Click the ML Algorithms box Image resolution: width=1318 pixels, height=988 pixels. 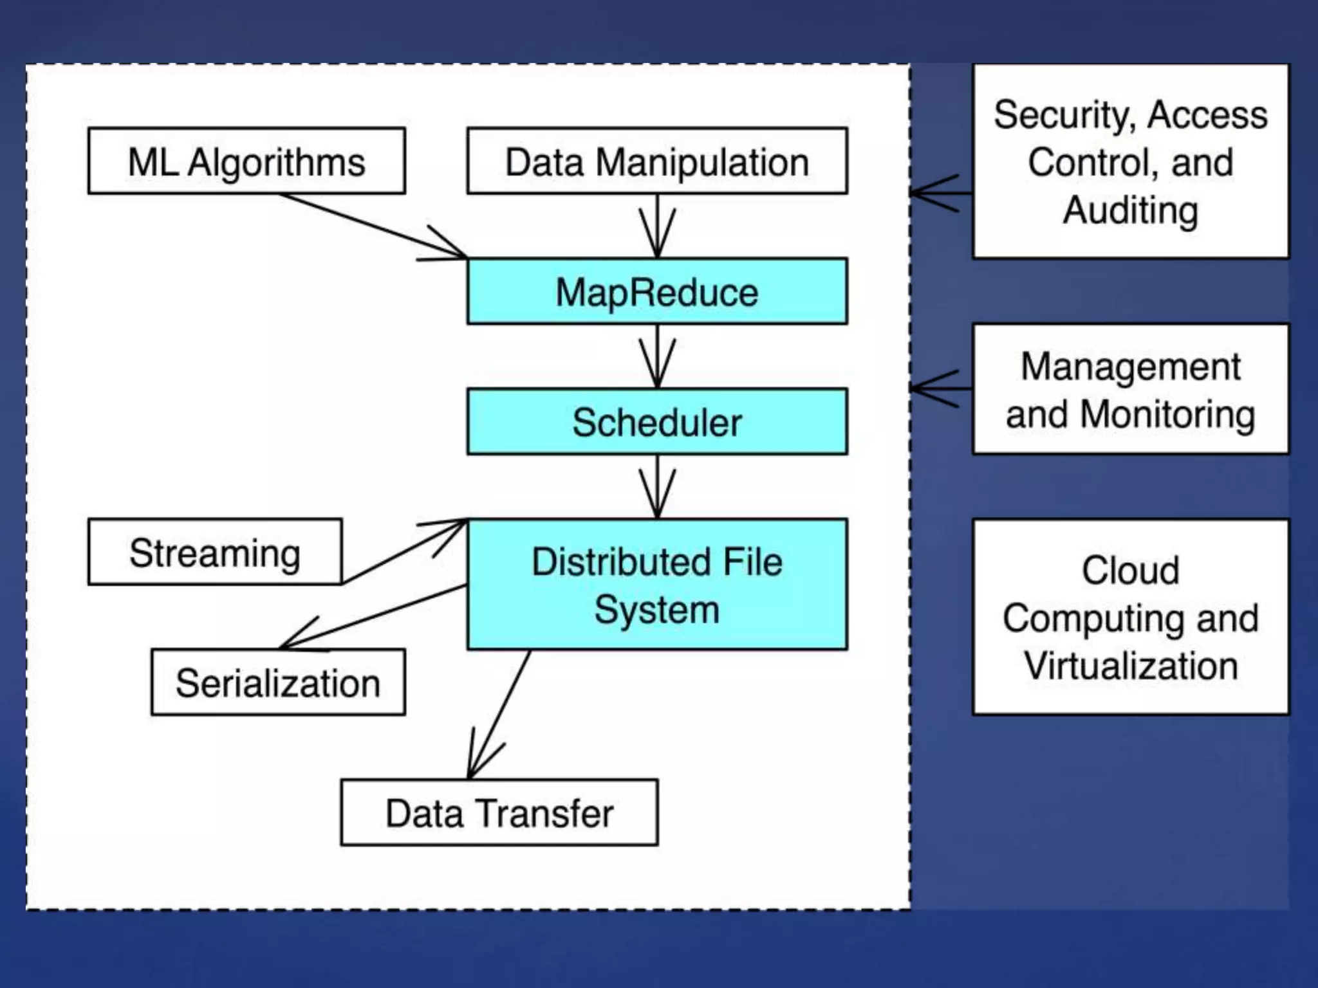pyautogui.click(x=246, y=161)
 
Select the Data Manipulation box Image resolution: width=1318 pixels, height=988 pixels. pyautogui.click(x=657, y=161)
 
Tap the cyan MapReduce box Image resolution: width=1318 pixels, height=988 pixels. pyautogui.click(x=657, y=291)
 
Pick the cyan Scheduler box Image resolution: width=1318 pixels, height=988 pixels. pyautogui.click(x=657, y=422)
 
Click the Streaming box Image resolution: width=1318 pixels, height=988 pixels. pyautogui.click(x=215, y=552)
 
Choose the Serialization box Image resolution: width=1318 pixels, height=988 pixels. pyautogui.click(x=278, y=682)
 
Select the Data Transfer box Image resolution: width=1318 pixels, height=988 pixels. pyautogui.click(x=499, y=812)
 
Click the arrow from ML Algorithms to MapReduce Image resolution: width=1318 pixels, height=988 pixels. pyautogui.click(x=373, y=226)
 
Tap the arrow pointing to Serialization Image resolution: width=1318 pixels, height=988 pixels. pyautogui.click(x=373, y=616)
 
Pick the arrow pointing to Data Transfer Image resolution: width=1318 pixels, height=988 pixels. pyautogui.click(x=499, y=714)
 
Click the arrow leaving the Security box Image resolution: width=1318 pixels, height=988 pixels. pyautogui.click(x=941, y=192)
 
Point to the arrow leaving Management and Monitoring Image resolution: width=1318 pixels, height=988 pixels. pyautogui.click(x=941, y=389)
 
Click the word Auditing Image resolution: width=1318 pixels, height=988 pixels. pyautogui.click(x=1131, y=210)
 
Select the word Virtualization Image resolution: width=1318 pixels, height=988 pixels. pyautogui.click(x=1131, y=665)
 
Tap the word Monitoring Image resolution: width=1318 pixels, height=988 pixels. pyautogui.click(x=1167, y=414)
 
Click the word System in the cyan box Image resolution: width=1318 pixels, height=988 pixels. pyautogui.click(x=657, y=609)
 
